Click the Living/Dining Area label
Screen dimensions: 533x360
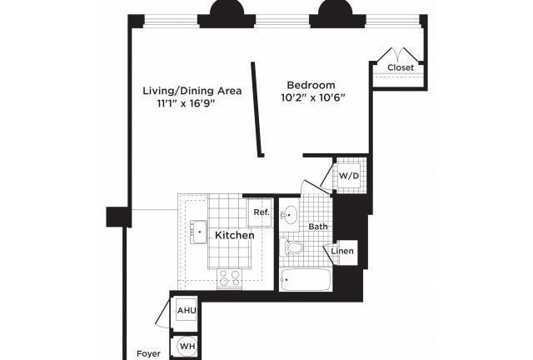[192, 91]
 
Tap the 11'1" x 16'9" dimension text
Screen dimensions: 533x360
[187, 103]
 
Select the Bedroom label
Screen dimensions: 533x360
[311, 85]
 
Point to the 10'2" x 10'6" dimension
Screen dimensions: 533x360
[313, 97]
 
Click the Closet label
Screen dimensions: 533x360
[401, 67]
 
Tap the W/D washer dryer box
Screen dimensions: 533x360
[349, 176]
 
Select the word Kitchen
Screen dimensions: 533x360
[235, 235]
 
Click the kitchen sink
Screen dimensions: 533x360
[199, 232]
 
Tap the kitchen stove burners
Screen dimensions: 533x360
[229, 277]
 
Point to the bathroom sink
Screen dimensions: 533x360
[289, 215]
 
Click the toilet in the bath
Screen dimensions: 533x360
[291, 247]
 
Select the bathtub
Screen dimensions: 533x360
[306, 280]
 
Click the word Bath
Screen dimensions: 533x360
[318, 227]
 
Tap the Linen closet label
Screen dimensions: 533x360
[342, 251]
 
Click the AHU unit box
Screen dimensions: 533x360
[187, 310]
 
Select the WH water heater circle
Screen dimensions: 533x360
[187, 347]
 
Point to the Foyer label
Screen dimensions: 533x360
[148, 353]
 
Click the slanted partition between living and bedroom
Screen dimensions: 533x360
[257, 109]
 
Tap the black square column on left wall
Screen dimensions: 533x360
[118, 217]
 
